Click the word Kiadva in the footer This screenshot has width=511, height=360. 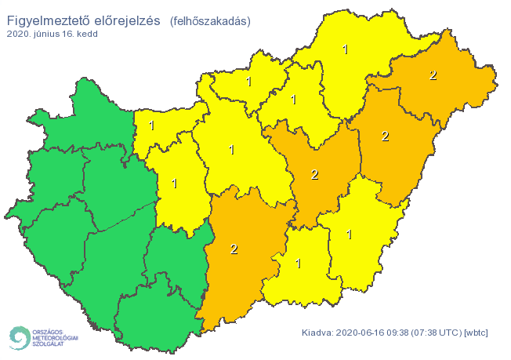point(317,333)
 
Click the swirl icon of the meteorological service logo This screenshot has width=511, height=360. point(17,336)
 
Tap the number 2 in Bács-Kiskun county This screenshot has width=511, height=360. point(234,249)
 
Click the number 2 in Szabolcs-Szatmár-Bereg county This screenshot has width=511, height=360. point(433,75)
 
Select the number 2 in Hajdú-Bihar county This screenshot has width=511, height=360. point(385,136)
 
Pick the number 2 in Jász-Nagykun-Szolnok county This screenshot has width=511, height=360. point(314,174)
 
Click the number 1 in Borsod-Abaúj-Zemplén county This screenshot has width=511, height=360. point(346,49)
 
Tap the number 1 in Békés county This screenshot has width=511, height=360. point(349,234)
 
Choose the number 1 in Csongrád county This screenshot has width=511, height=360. point(299,264)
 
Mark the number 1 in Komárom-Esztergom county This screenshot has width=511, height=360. point(151,125)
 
